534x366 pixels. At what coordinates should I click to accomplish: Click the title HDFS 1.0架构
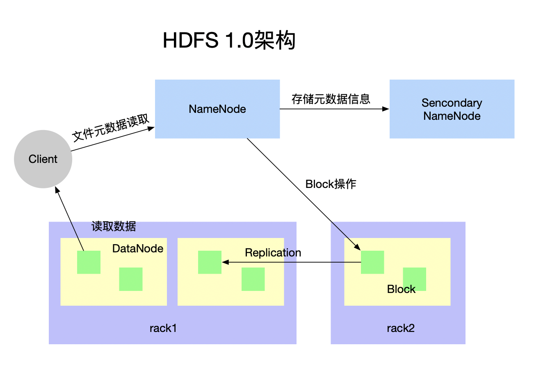tap(229, 41)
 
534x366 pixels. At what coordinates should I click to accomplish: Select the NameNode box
tap(217, 109)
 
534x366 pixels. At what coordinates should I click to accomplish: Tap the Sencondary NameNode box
tap(452, 109)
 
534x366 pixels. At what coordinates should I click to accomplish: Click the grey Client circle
tap(43, 159)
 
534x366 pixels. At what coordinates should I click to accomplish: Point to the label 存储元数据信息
tap(331, 99)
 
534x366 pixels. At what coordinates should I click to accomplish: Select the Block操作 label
tap(331, 184)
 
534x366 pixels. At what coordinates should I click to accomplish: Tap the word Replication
tap(273, 253)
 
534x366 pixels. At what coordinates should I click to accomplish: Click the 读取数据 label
tap(114, 226)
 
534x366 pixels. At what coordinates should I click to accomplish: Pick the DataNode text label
tap(138, 249)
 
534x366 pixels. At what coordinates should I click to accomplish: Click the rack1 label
tap(163, 328)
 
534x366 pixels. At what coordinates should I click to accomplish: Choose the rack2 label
tap(401, 328)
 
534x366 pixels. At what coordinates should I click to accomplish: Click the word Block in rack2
tap(401, 289)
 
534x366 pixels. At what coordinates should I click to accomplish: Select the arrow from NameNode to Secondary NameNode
tap(334, 109)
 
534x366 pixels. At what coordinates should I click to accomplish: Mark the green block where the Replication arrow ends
tap(210, 262)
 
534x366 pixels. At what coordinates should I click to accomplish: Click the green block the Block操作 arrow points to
tap(372, 262)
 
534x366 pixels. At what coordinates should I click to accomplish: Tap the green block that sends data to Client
tap(89, 262)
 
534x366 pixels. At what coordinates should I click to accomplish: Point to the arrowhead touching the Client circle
tap(57, 190)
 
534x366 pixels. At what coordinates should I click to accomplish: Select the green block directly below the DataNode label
tap(131, 279)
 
